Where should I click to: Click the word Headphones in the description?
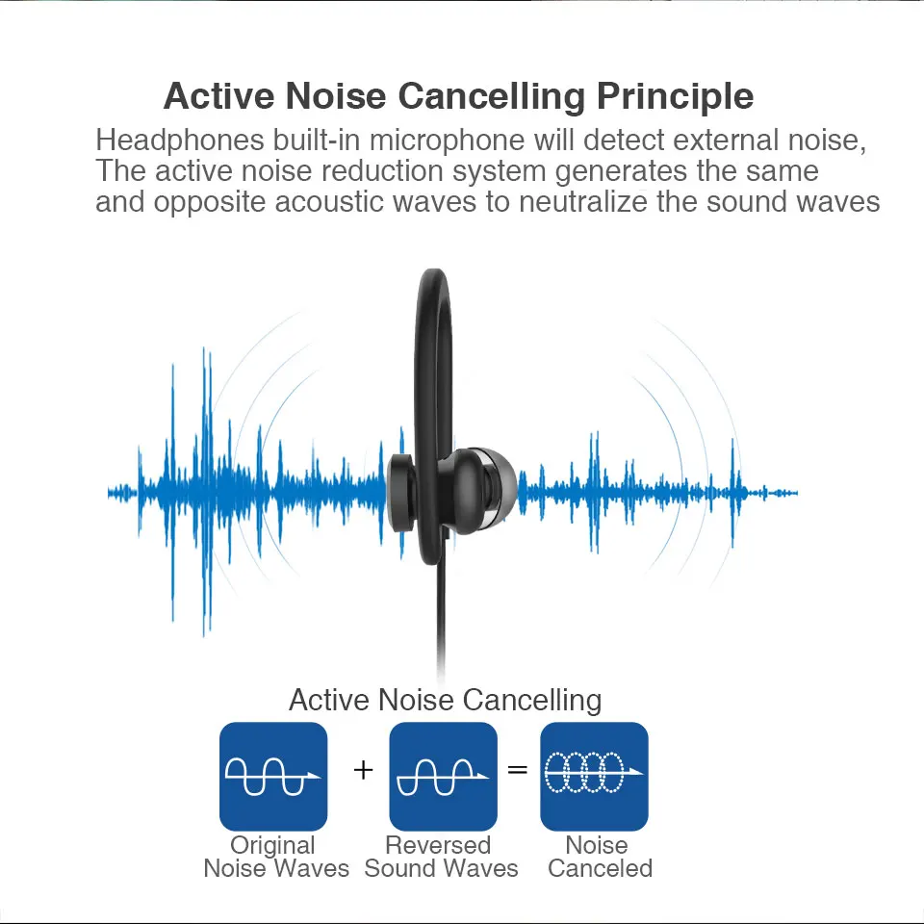coord(179,140)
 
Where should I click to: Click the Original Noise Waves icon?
coord(273,776)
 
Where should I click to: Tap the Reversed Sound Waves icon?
coord(443,776)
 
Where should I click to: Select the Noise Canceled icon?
coord(594,776)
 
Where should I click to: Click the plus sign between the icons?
coord(363,770)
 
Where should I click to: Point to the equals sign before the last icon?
coord(518,770)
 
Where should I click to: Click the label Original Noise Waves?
coord(275,857)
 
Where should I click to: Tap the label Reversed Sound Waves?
coord(441,857)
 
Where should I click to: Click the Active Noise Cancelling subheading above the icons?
coord(445,700)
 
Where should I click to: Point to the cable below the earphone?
coord(443,626)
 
